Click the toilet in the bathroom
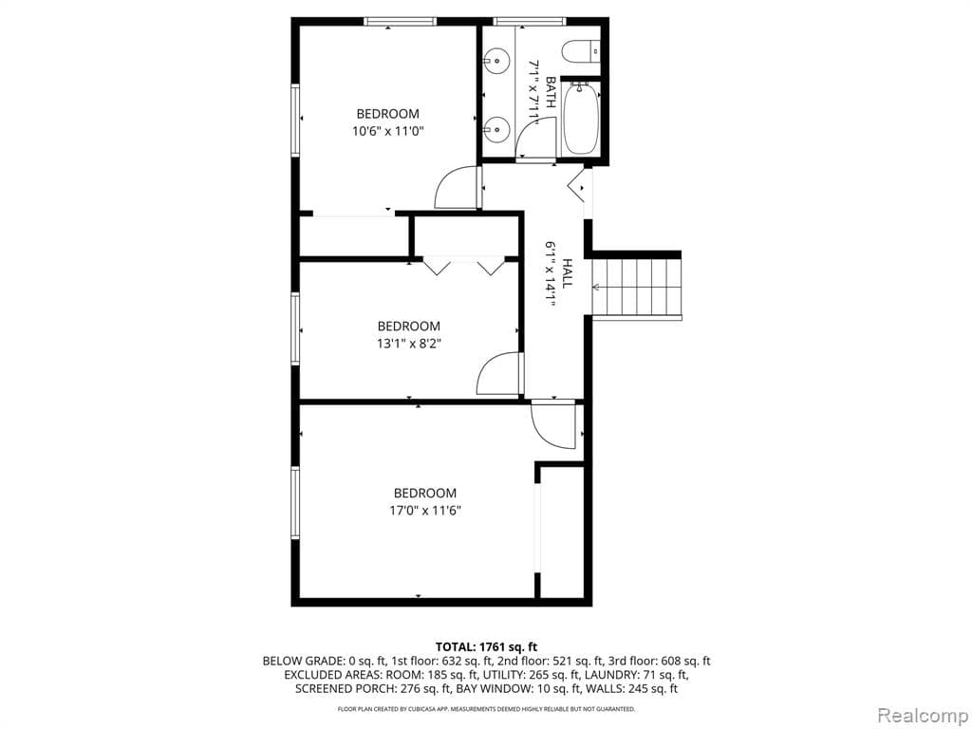coord(581,49)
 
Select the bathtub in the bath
coord(581,120)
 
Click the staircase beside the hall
coord(637,288)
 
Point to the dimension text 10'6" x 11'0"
coord(387,131)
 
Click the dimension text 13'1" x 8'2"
coord(409,343)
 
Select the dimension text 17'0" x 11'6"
coord(425,510)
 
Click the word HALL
coord(567,272)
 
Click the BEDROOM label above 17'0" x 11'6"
coord(425,493)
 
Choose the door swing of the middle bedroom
coord(499,374)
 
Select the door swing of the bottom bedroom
coord(554,424)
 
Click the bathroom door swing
coord(535,140)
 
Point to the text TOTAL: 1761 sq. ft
coord(486,645)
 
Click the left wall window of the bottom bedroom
coord(295,503)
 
